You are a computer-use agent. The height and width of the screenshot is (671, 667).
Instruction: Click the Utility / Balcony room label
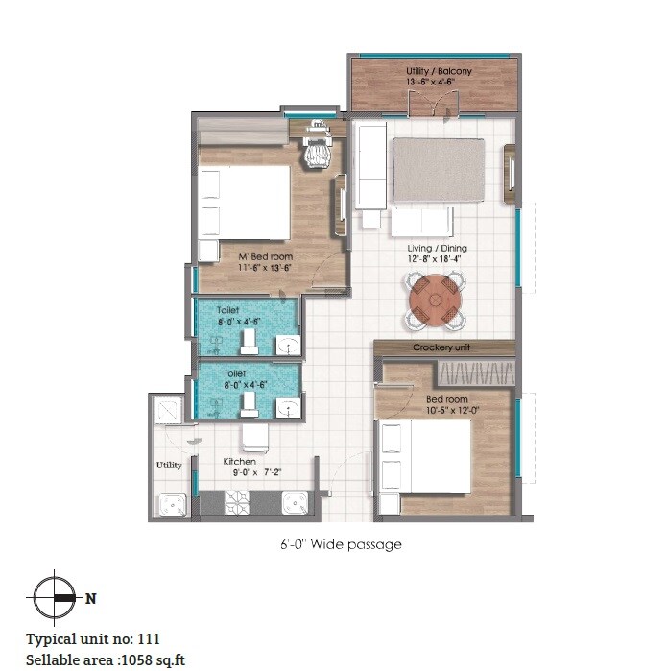437,72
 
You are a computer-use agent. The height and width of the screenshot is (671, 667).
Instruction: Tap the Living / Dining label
437,248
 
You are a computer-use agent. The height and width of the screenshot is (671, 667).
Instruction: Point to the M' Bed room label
266,257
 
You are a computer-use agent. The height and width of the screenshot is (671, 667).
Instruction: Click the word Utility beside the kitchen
169,466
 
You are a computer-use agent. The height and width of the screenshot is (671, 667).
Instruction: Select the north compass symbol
56,598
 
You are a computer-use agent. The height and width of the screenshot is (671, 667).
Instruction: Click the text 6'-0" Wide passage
335,544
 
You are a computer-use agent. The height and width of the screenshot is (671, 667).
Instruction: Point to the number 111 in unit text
149,638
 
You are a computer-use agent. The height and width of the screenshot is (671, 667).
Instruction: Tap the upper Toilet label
228,311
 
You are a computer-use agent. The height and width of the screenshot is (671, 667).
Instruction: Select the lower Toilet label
234,373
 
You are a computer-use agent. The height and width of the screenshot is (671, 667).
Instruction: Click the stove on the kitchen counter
237,502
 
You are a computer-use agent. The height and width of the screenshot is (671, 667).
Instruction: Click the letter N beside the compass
91,598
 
